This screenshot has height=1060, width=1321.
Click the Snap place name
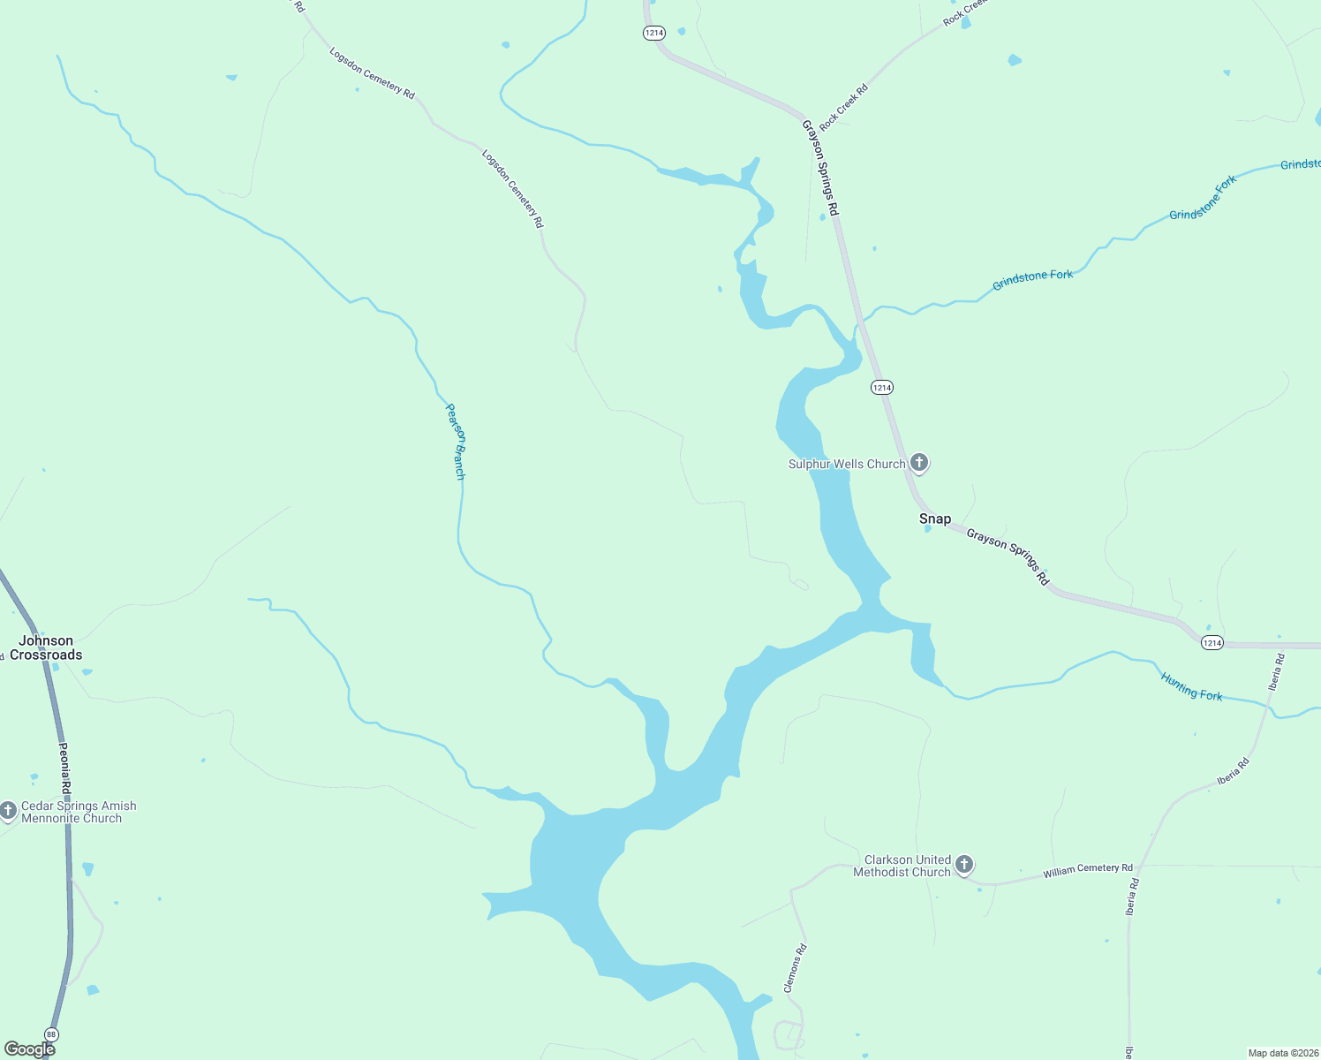point(935,519)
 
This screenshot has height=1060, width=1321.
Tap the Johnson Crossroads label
point(46,647)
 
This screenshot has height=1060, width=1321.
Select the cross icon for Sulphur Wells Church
point(919,463)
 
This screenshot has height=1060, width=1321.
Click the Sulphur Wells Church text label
point(847,464)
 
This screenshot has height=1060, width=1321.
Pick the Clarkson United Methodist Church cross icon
point(964,865)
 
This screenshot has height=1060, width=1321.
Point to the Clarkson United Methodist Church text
point(902,866)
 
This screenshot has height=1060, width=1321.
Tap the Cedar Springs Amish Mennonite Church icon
point(9,811)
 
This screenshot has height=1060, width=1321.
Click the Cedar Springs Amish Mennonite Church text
point(78,812)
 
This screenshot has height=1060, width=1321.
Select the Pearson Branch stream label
point(456,441)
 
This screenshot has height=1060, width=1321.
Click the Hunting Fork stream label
point(1191,686)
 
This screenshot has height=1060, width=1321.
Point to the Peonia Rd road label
point(64,767)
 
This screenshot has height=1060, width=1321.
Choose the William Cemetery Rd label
point(1087,870)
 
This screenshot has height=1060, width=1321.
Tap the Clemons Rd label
point(796,968)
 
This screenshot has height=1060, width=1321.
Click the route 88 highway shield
point(52,1034)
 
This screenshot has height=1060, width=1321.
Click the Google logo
point(29,1049)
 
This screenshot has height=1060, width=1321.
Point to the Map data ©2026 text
point(1282,1053)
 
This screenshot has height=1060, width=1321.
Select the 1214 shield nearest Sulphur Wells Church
point(881,387)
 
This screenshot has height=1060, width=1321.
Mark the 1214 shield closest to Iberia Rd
point(1212,643)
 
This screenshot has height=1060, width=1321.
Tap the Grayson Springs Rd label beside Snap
point(1008,556)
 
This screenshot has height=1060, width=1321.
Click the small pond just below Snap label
point(927,529)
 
